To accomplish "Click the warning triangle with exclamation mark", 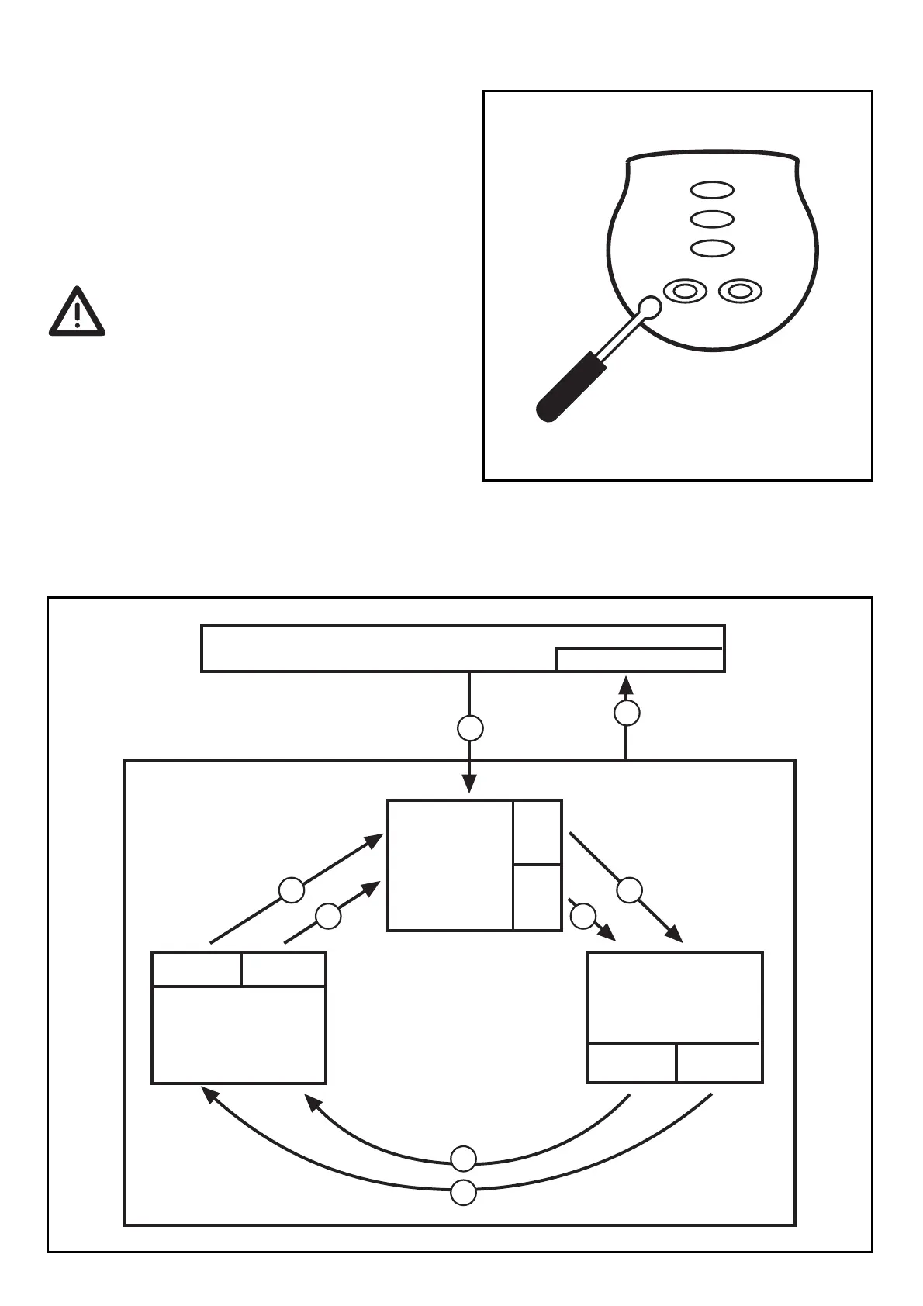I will click(x=77, y=313).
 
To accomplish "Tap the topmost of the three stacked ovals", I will click(x=712, y=190).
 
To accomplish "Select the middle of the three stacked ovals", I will click(x=712, y=219).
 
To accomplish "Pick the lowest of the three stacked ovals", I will click(x=712, y=249).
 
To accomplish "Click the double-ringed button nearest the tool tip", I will click(x=685, y=292).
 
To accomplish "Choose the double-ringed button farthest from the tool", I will click(x=741, y=292).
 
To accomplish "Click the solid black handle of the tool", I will click(x=566, y=388).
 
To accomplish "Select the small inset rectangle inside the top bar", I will click(x=640, y=659).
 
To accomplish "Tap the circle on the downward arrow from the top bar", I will click(x=470, y=728).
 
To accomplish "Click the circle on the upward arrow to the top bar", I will click(x=627, y=713).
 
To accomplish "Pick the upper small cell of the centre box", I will click(x=537, y=832).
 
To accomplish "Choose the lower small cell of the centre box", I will click(x=537, y=897).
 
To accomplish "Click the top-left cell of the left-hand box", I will click(x=197, y=969).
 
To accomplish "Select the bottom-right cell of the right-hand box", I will click(x=719, y=1062).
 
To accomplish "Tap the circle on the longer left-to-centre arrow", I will click(x=292, y=890).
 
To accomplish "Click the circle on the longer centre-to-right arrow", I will click(x=630, y=890).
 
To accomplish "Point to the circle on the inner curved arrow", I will click(x=464, y=1159).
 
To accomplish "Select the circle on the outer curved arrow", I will click(x=464, y=1193).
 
